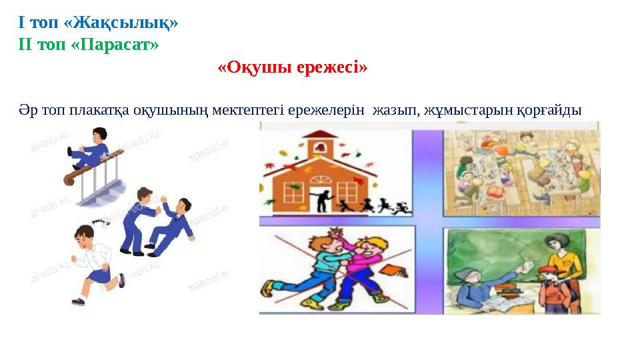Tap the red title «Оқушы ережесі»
point(293,68)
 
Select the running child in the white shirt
point(93,263)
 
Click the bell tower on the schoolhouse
point(321,144)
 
